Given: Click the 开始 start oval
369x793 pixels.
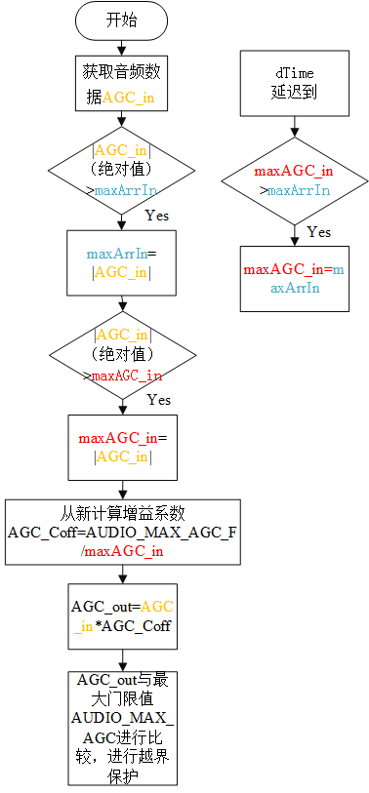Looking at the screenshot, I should point(121,20).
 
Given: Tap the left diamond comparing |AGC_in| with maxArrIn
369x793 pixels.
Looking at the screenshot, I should point(121,167).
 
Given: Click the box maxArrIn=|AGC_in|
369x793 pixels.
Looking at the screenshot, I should point(121,262).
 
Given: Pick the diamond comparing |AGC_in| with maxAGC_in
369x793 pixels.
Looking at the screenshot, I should point(121,353).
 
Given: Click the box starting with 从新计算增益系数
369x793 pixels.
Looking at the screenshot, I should point(121,533).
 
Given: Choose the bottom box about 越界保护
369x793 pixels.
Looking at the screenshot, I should point(121,727).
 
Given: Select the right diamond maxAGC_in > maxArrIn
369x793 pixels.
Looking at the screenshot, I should point(295,179).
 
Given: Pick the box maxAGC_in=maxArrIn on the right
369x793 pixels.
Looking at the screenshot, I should point(295,277).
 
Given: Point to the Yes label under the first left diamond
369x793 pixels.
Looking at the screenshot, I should point(157,214).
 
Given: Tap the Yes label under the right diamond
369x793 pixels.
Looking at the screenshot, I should point(318,232).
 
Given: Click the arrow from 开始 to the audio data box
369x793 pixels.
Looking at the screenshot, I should point(121,46).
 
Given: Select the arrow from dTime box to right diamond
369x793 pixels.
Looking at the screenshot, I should point(295,126).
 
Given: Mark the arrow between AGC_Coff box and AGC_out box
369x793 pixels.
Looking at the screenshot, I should point(121,575).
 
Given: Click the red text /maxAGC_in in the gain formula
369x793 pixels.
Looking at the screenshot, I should point(121,551).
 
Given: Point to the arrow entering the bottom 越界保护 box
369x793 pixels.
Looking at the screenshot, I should point(121,660).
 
